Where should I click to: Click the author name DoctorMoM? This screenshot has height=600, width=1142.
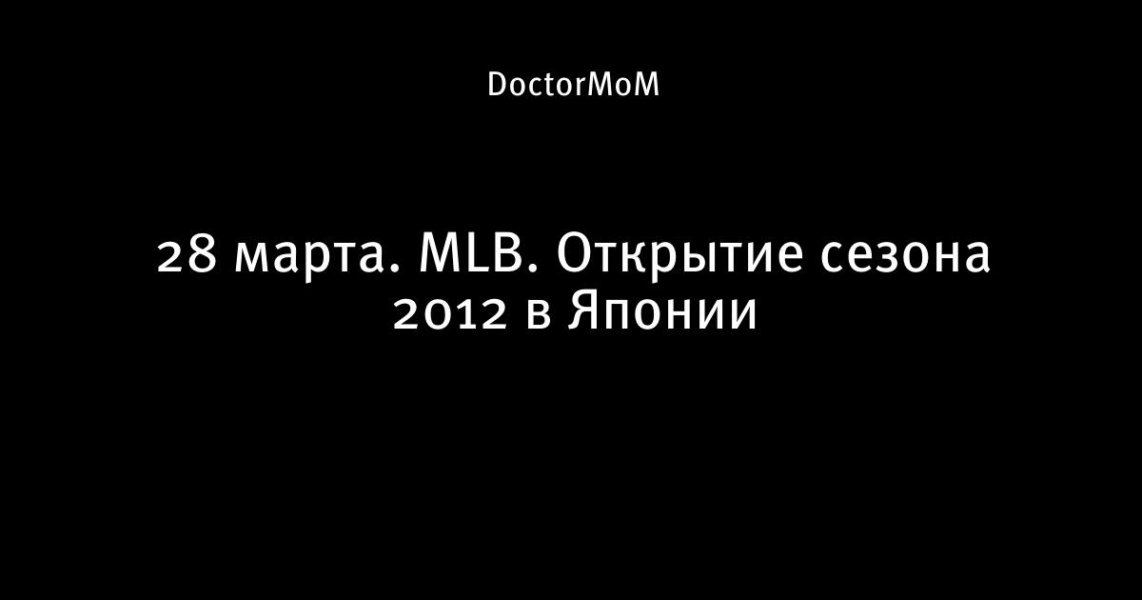(x=573, y=84)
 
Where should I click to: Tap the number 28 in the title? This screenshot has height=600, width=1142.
(x=187, y=255)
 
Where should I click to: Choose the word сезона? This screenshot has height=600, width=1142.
(x=905, y=260)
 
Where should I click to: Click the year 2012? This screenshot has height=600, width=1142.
(x=451, y=313)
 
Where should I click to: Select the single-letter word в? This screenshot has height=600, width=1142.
(x=539, y=317)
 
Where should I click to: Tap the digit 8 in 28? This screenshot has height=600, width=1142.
(x=203, y=255)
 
